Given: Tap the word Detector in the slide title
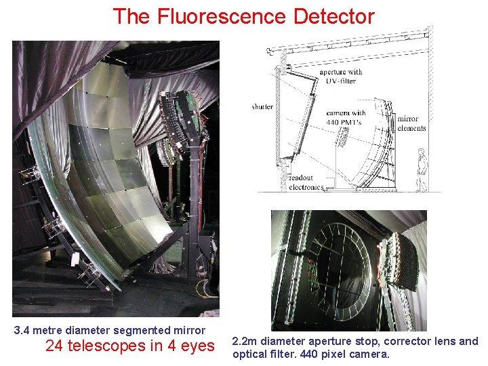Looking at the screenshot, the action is tap(333, 16).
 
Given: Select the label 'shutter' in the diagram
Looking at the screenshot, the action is tap(262, 107).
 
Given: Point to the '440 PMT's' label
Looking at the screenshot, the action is tap(346, 122).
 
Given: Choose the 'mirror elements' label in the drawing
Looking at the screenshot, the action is tap(412, 123).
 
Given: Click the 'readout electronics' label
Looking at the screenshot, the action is tap(306, 183).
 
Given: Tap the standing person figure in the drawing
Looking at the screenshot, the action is tap(422, 169).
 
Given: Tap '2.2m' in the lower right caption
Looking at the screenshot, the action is tap(245, 342).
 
